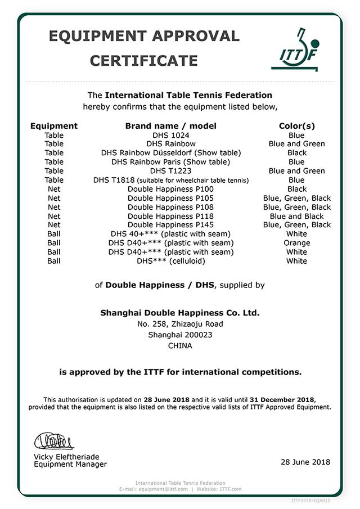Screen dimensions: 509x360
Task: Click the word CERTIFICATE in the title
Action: [x=144, y=60]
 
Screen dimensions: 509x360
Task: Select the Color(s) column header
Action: [x=296, y=126]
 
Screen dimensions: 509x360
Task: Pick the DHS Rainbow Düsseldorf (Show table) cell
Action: [x=171, y=153]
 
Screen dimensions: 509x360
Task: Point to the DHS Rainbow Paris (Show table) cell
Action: [x=171, y=162]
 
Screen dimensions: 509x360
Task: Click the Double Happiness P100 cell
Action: [x=170, y=189]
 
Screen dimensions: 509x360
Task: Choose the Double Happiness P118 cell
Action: [x=170, y=216]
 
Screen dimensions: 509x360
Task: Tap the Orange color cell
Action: [x=296, y=243]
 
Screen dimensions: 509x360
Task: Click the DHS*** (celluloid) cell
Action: [x=171, y=261]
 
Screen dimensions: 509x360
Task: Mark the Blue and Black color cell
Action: [x=296, y=216]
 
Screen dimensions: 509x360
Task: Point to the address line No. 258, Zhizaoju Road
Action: [x=180, y=324]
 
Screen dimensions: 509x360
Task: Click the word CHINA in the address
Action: [x=180, y=346]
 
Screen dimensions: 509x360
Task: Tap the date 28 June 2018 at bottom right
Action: [x=305, y=462]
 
